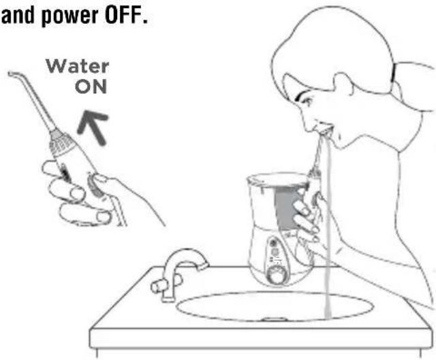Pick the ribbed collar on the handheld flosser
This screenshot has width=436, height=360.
coord(61,143)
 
